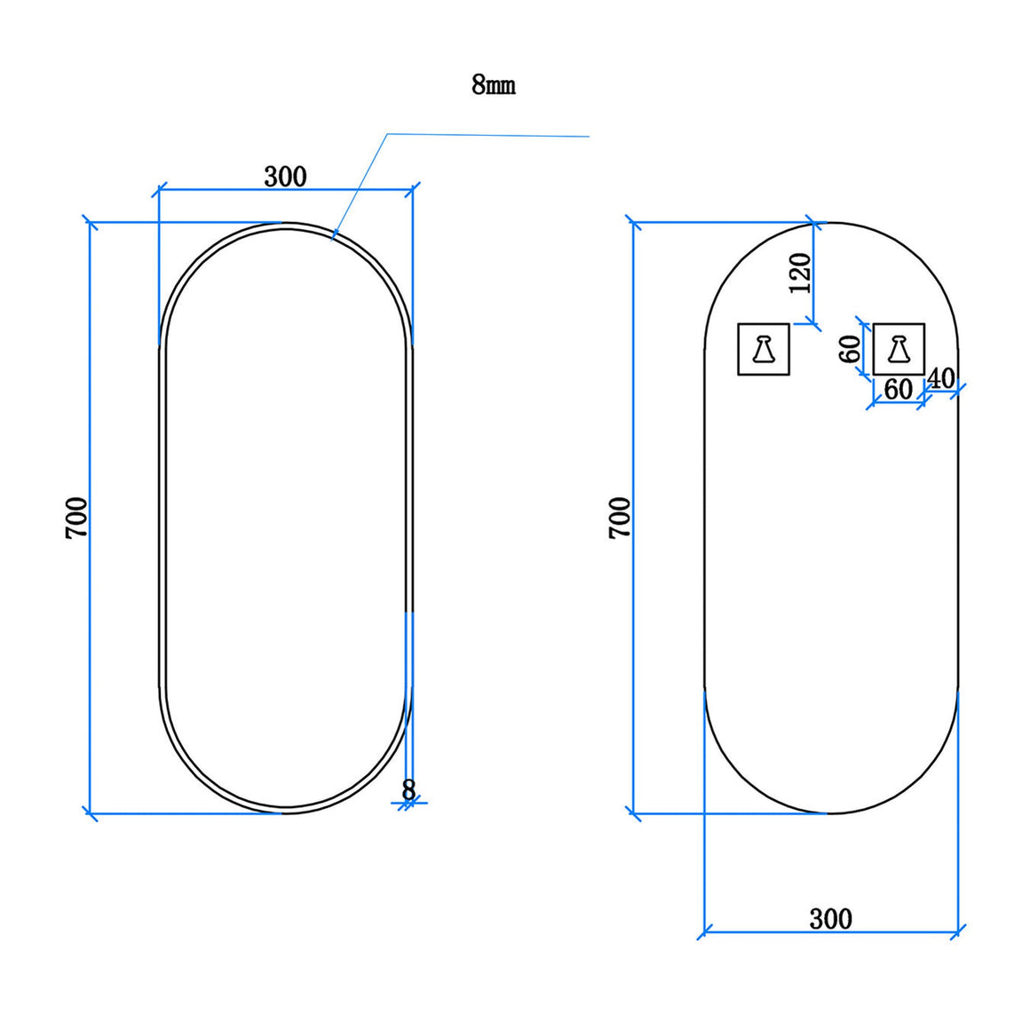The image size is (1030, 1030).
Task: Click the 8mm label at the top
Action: [x=494, y=85]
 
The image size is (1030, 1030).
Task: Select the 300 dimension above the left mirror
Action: [x=285, y=177]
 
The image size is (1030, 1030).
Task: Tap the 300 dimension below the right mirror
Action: [x=830, y=919]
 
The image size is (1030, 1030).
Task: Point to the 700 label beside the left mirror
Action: [x=77, y=519]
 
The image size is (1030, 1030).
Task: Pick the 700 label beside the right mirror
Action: [x=620, y=519]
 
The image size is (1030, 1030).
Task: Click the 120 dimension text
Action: [x=800, y=273]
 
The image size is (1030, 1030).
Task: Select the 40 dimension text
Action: [x=940, y=378]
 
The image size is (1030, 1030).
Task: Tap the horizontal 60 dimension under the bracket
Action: [x=898, y=390]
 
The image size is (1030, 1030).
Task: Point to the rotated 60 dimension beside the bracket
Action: [x=850, y=349]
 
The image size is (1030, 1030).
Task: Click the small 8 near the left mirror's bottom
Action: [x=408, y=789]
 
